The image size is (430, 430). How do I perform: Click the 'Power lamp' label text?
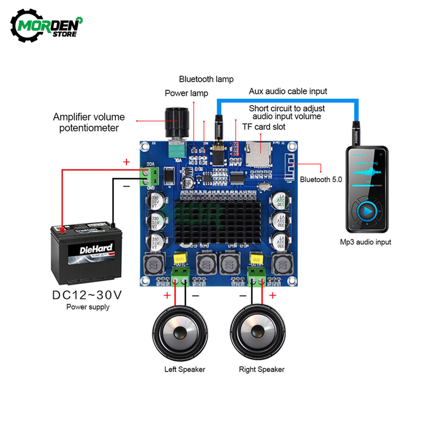click(x=186, y=93)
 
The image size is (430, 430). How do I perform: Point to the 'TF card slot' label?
click(x=264, y=127)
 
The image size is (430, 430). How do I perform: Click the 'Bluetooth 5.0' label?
click(x=321, y=180)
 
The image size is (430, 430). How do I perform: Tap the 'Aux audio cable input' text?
click(x=288, y=91)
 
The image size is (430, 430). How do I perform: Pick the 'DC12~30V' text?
click(x=88, y=295)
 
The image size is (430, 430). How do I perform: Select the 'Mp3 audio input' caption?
click(x=365, y=242)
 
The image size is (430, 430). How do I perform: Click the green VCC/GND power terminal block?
click(x=151, y=176)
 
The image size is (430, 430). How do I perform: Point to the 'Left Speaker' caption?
click(x=185, y=369)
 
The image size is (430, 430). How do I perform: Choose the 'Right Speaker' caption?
click(x=261, y=369)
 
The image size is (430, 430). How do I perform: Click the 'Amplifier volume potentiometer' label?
click(x=89, y=122)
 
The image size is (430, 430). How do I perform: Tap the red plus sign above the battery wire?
click(x=126, y=162)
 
